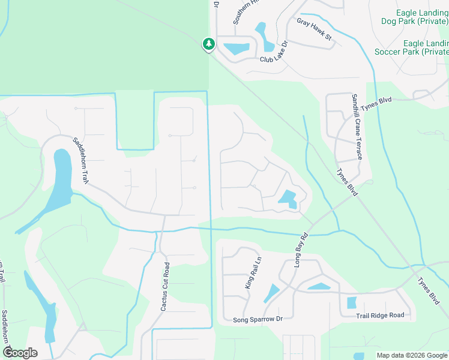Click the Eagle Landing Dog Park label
coord(415,17)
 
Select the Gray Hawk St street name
coord(314,29)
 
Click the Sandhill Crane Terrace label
coord(357,127)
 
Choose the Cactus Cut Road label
coord(164,286)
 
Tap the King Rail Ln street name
coord(253,273)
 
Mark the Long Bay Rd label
coord(301,250)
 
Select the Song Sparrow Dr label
coord(258,320)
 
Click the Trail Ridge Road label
coord(380,315)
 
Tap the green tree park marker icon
coord(208,44)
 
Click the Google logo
coord(20,353)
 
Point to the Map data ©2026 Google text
coord(412,355)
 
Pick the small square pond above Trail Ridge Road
coord(352,302)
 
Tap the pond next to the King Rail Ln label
coord(271,293)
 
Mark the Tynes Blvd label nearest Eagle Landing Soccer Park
coord(377,103)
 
